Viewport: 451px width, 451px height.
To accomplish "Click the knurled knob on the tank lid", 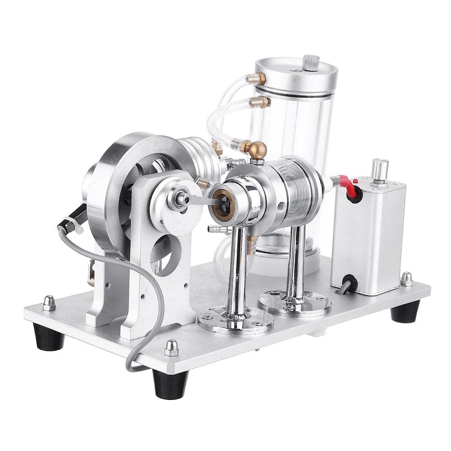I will tap(311, 63).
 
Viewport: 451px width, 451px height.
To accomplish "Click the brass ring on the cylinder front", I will tap(223, 205).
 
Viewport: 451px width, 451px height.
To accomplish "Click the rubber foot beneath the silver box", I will tap(405, 311).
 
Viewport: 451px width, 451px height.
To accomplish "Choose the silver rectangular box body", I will tap(368, 235).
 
